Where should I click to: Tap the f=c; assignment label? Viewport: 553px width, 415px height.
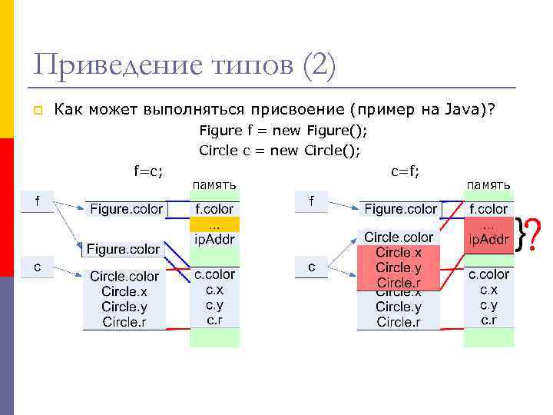148,171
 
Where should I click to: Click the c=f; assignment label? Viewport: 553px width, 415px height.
406,171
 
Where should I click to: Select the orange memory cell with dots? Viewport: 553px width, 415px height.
214,224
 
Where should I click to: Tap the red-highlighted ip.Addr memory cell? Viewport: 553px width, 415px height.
488,240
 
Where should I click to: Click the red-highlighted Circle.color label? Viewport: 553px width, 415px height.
399,237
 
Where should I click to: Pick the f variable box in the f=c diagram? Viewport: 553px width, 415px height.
36,201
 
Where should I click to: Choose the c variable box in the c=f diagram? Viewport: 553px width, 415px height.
311,267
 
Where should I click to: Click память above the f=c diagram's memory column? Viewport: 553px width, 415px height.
214,184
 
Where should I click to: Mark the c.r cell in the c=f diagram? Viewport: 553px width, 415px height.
488,320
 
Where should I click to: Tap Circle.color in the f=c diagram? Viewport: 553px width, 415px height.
124,276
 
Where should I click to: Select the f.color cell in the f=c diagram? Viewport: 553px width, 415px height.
214,208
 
